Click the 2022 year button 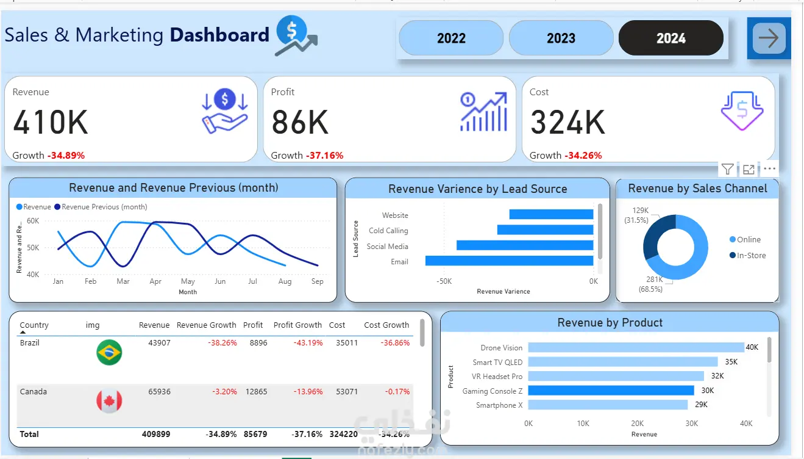coord(451,38)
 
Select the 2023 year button coord(561,38)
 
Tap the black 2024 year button coord(671,38)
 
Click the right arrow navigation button coord(769,38)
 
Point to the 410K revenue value coord(51,122)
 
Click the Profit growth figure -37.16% coord(324,156)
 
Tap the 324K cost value coord(567,122)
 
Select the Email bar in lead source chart coord(509,261)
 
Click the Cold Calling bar coord(545,230)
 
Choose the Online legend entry coord(749,240)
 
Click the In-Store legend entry coord(751,256)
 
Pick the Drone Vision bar coord(636,347)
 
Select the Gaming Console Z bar coord(611,391)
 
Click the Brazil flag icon coord(109,353)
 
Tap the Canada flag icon coord(109,401)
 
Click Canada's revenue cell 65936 coord(159,392)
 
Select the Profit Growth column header coord(297,325)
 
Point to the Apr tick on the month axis coord(155,282)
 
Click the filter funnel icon coord(727,169)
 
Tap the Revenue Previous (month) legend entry coord(104,207)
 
